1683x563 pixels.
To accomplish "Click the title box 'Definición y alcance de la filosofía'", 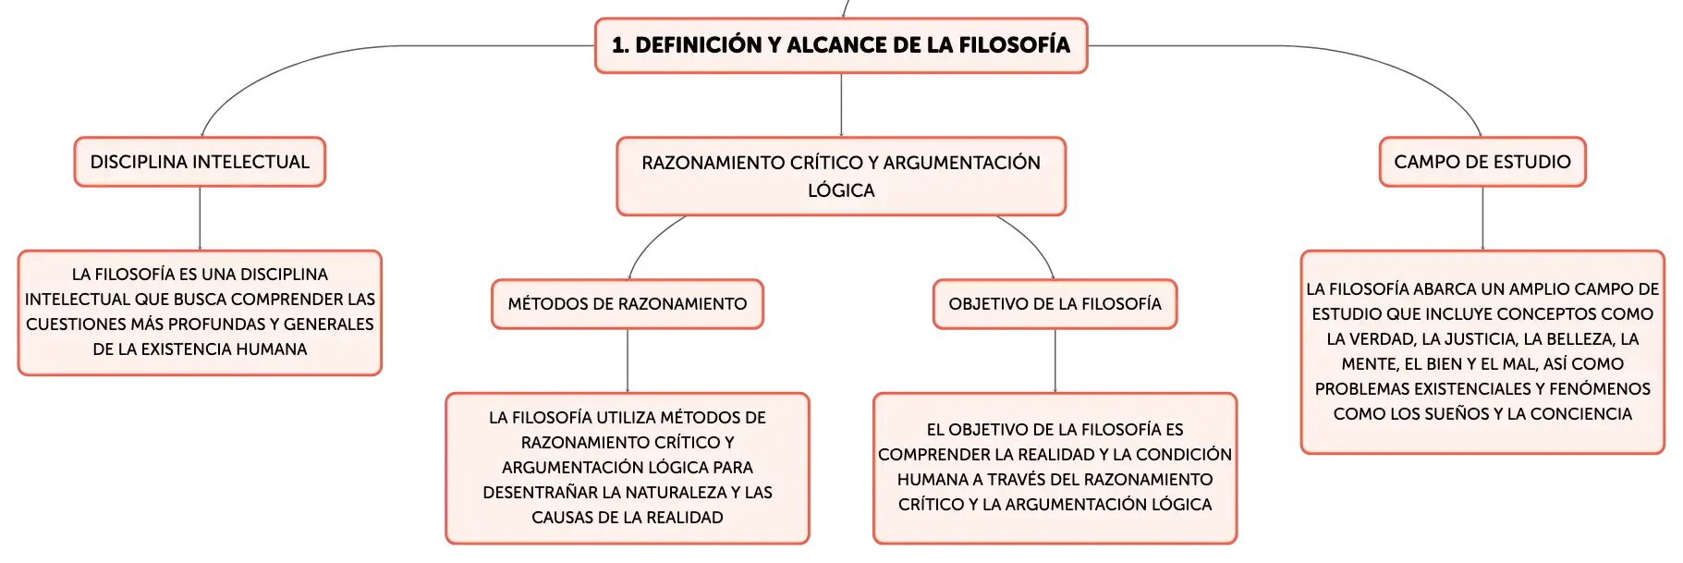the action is pos(841,45).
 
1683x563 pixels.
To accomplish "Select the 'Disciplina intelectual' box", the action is pos(200,162).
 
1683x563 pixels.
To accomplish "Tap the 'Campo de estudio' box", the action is pos(1482,162).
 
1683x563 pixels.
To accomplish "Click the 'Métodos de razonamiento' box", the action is pos(628,304).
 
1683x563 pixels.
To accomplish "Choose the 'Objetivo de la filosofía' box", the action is pos(1055,304).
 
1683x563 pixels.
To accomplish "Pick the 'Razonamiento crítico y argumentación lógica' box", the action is pos(841,177).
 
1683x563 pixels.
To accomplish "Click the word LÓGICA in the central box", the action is pos(841,190).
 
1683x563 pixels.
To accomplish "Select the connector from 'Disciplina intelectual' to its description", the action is pos(200,218).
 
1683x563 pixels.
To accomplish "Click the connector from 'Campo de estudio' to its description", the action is pos(1482,218).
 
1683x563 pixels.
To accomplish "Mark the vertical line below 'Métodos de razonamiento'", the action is pos(628,361).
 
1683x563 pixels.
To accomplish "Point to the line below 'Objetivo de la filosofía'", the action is pos(1055,361).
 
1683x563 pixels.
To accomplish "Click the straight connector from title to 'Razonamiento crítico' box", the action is pos(841,105).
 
